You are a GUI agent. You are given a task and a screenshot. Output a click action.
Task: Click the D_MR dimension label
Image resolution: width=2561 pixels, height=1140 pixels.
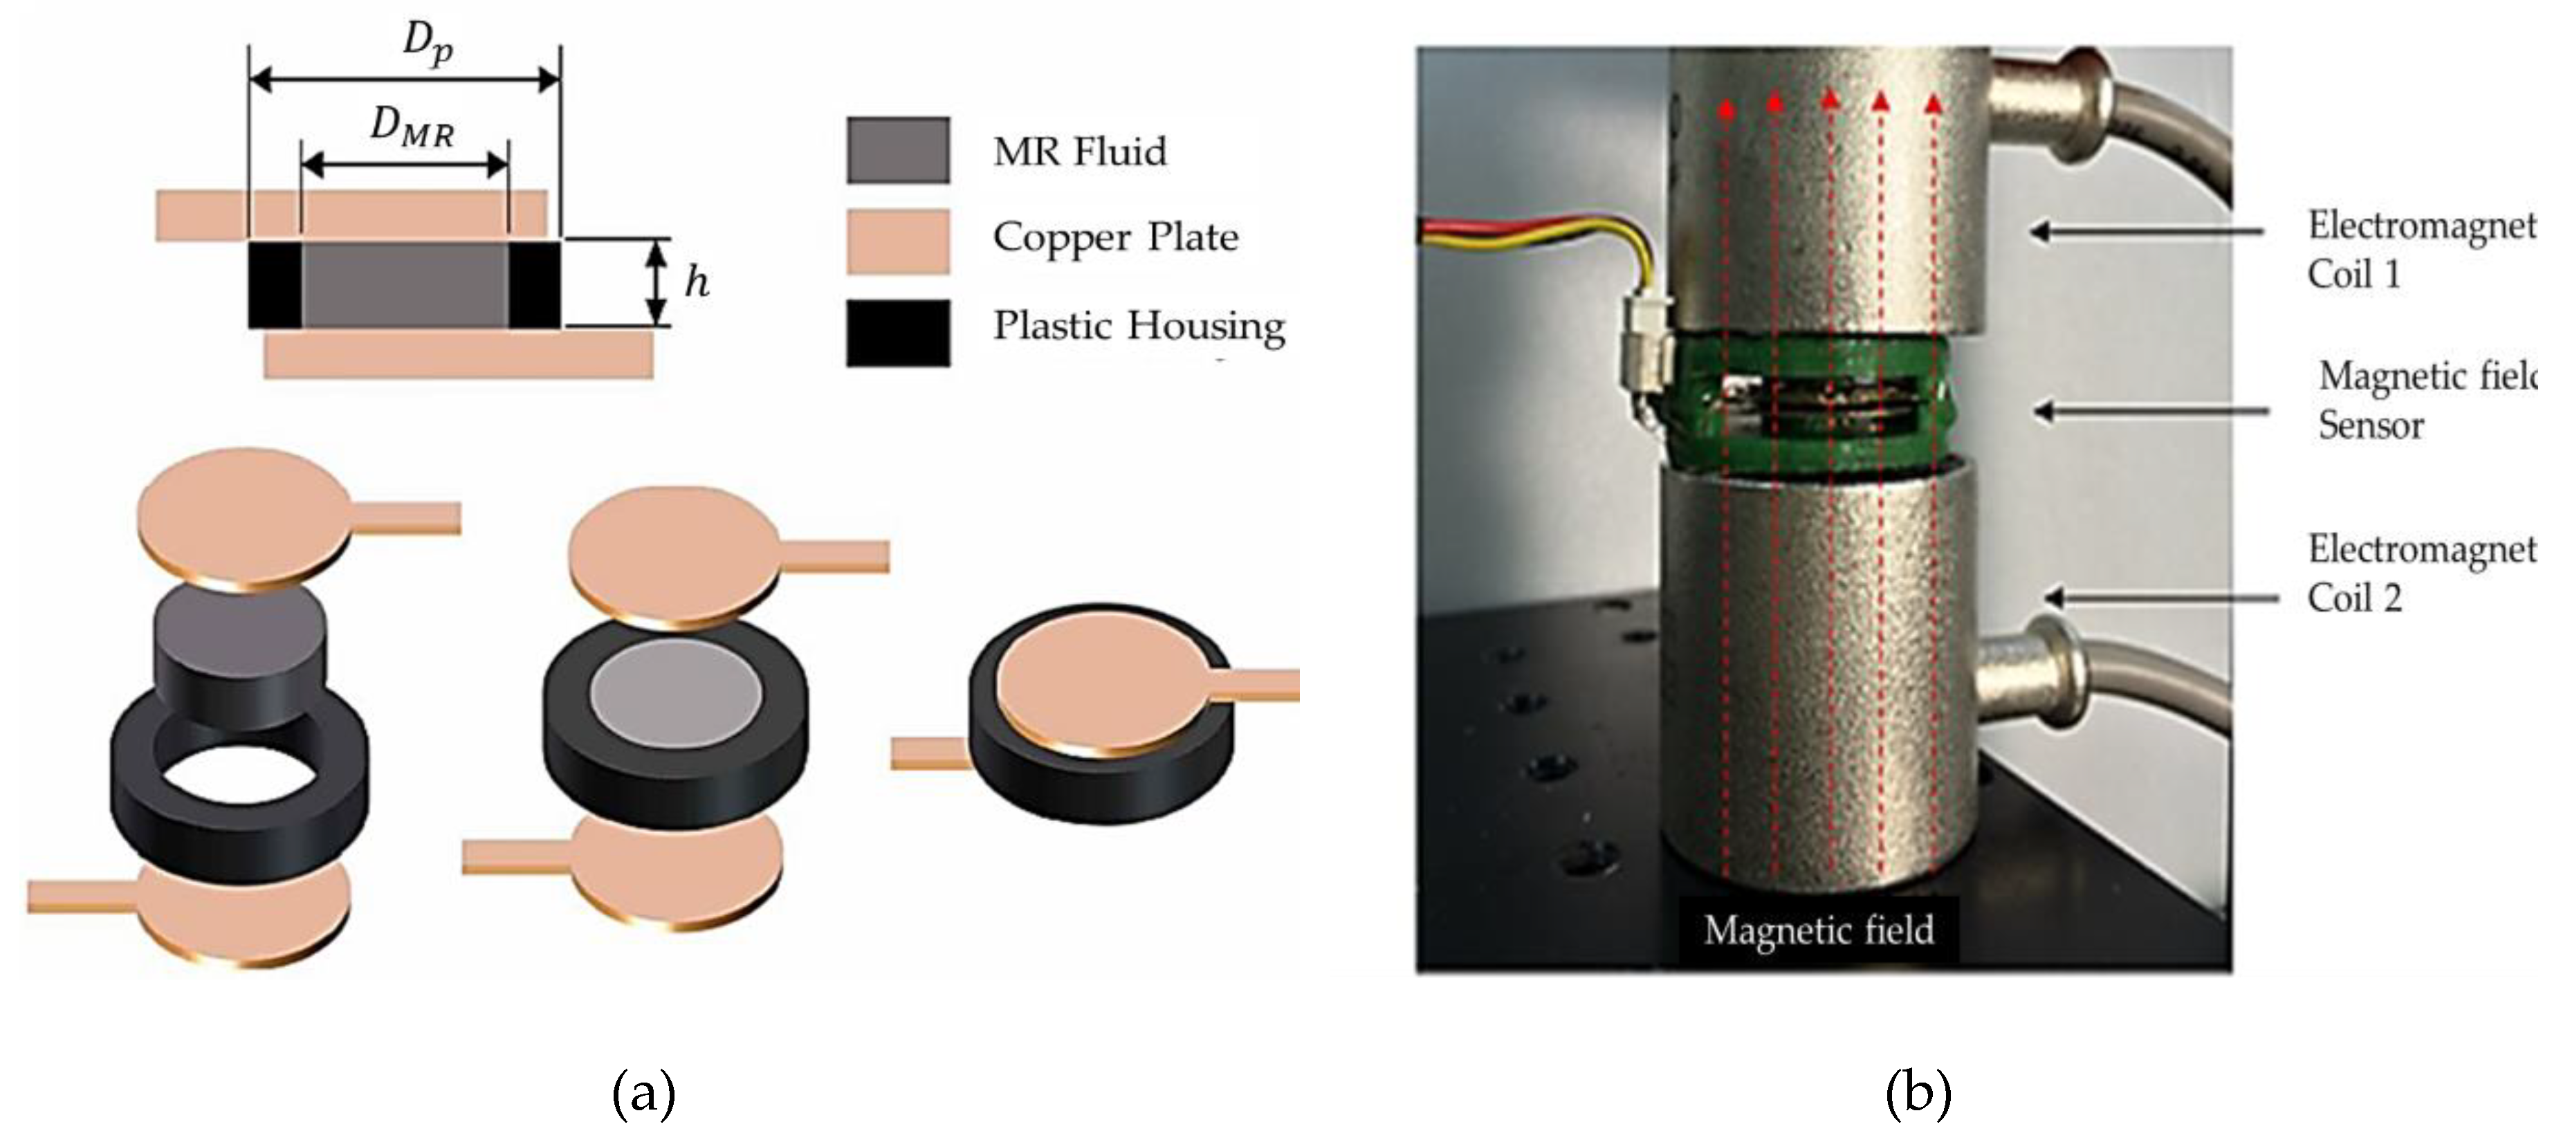coord(412,128)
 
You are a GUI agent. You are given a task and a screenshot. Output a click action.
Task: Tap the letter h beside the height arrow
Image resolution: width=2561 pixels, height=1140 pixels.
coord(696,282)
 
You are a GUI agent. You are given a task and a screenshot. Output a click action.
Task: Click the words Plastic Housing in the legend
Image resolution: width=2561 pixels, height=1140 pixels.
coord(1138,326)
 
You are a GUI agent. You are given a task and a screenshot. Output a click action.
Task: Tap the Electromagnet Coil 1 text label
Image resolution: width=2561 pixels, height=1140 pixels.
coord(2421,248)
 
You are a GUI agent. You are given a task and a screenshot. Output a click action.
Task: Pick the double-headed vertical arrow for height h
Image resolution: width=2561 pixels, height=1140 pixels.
coord(655,283)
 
